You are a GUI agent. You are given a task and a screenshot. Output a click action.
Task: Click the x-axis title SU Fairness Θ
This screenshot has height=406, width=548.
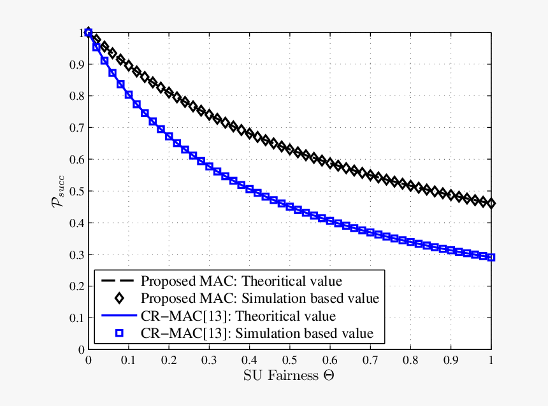pyautogui.click(x=289, y=375)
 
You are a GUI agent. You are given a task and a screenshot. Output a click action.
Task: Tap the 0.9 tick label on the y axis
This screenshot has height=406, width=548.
pyautogui.click(x=76, y=64)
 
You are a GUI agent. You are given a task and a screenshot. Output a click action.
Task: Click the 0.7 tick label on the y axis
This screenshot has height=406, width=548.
pyautogui.click(x=76, y=128)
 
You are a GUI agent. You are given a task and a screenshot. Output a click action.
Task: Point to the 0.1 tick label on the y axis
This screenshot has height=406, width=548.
pyautogui.click(x=76, y=318)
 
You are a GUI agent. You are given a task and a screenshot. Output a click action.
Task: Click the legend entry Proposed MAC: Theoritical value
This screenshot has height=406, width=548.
pyautogui.click(x=242, y=281)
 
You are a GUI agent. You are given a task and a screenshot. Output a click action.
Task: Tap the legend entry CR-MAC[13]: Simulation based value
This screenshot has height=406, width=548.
pyautogui.click(x=257, y=333)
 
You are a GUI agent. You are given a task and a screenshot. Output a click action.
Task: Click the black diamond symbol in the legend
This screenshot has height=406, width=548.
pyautogui.click(x=118, y=298)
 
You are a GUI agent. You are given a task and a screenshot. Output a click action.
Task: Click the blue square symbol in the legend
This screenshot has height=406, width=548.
pyautogui.click(x=118, y=333)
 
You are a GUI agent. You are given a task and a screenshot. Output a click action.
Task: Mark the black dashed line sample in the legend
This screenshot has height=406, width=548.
pyautogui.click(x=118, y=281)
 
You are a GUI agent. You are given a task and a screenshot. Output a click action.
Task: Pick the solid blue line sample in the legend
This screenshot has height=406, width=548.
pyautogui.click(x=118, y=316)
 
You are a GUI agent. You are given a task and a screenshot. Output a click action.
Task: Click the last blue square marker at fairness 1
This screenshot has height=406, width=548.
pyautogui.click(x=491, y=258)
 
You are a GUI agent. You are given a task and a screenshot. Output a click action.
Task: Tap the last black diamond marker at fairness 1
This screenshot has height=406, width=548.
pyautogui.click(x=491, y=204)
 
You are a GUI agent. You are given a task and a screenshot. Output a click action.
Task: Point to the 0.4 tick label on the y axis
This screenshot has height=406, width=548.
pyautogui.click(x=76, y=223)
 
